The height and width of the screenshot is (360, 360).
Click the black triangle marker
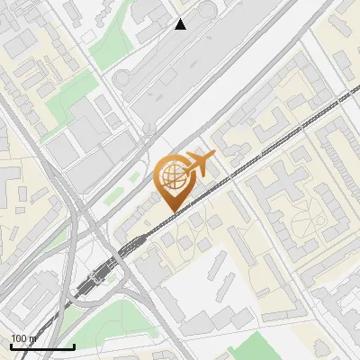tap(181, 24)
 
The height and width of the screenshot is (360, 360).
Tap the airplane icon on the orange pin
tap(199, 163)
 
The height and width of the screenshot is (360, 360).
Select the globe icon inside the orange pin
tap(173, 174)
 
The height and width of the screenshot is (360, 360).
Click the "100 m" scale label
tap(23, 338)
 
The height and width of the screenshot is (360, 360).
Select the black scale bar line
tap(42, 346)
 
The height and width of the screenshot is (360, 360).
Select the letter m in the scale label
tap(32, 339)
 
